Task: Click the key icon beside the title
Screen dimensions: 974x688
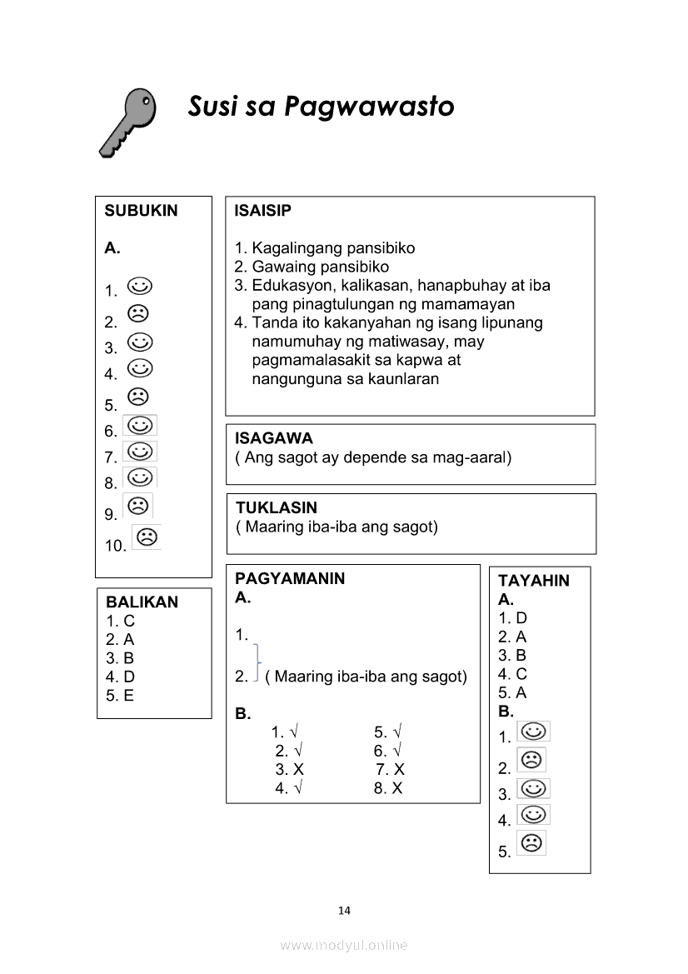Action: (127, 122)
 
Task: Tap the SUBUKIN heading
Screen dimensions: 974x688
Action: (141, 211)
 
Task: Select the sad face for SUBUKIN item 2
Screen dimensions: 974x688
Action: (137, 314)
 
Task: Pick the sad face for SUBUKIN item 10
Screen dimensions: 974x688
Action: (147, 537)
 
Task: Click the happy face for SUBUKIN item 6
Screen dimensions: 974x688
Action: (140, 426)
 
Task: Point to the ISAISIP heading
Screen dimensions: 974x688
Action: (263, 211)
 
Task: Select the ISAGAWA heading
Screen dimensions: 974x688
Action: (274, 438)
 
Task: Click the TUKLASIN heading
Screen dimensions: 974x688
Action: (276, 507)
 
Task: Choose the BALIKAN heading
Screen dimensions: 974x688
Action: (142, 602)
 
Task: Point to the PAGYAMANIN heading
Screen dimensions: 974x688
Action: (290, 578)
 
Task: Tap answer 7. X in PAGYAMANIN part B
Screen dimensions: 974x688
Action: (390, 769)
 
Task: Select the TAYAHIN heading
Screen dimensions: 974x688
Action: (534, 581)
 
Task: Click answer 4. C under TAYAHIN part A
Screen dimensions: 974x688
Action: (512, 674)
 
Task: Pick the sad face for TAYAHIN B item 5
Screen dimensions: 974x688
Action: (531, 843)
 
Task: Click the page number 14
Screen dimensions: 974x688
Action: (345, 910)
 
